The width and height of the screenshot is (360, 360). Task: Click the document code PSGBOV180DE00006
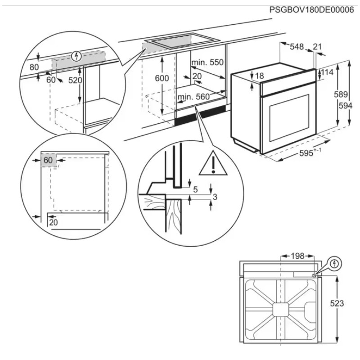(x=311, y=10)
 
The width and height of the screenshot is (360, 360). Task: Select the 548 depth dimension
(x=297, y=47)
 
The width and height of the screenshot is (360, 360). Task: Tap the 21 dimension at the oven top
(x=317, y=47)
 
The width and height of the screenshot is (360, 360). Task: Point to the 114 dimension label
(x=327, y=72)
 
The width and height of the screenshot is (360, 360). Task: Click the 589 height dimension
(x=341, y=94)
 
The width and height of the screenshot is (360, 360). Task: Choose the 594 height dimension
(x=346, y=106)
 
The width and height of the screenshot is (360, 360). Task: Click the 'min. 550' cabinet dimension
(x=207, y=62)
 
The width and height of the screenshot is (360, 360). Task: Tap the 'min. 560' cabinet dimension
(x=193, y=97)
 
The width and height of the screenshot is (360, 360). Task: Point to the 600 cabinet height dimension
(x=162, y=78)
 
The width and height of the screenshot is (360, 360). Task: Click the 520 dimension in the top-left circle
(x=75, y=80)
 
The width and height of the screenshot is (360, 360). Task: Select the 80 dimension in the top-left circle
(x=34, y=67)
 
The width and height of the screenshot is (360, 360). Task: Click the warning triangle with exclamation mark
(x=213, y=164)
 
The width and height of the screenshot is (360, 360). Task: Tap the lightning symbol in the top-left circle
(x=76, y=56)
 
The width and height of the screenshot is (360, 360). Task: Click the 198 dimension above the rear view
(x=297, y=256)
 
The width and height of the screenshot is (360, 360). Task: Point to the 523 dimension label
(x=337, y=303)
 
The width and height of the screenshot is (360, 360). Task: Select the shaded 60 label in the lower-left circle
(x=48, y=160)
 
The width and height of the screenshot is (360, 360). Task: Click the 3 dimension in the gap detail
(x=215, y=197)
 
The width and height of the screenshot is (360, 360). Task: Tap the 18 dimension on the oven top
(x=259, y=76)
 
